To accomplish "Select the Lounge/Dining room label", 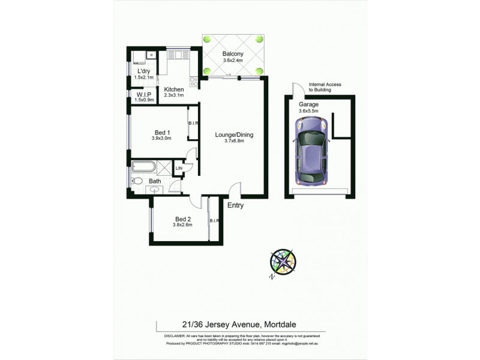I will pos(234,135).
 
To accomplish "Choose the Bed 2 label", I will pos(182,219).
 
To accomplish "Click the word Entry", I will pos(235,206).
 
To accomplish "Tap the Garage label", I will pos(309,104).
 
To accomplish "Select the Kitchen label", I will pos(173,89).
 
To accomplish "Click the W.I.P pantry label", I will pos(144,94).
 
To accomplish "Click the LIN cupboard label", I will pos(179,169).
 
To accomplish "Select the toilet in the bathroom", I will pos(137,180).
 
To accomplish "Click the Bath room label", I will pos(155,181).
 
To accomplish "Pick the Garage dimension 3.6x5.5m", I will pos(309,110).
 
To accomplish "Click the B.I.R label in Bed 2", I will pos(214,221).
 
